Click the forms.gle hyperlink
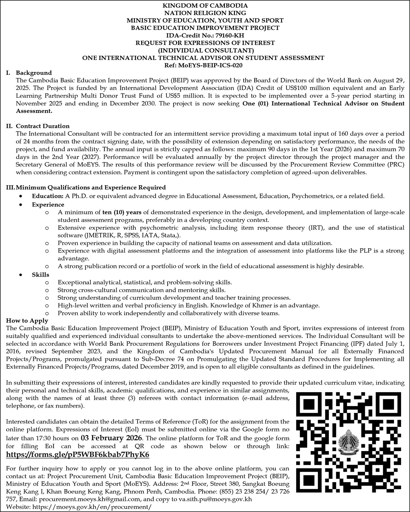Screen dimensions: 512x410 coord(78,455)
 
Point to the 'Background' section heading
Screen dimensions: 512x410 coord(34,73)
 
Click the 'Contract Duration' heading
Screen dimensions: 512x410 coord(43,126)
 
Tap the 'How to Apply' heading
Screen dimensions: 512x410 coord(27,320)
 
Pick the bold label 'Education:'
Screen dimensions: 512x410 coord(47,196)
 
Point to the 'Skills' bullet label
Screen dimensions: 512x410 coord(41,274)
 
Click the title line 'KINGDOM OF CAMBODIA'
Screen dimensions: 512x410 coord(205,5)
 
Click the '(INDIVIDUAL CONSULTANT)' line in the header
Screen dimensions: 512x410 coord(205,50)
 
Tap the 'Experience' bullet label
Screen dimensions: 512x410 coord(48,205)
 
